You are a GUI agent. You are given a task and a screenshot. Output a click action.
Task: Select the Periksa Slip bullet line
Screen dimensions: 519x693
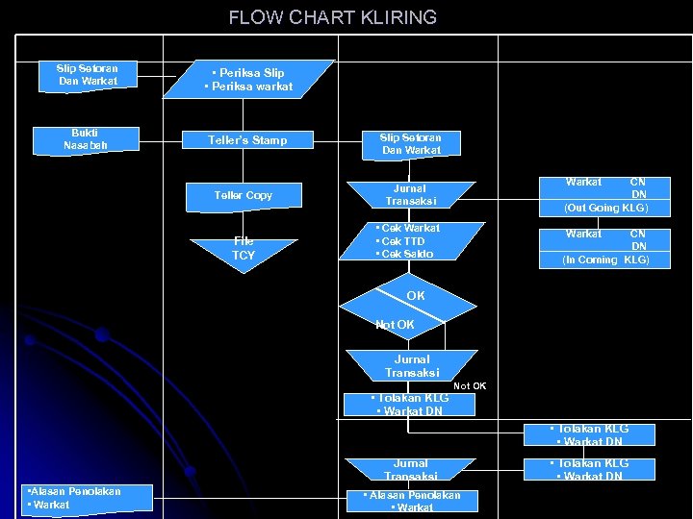click(x=248, y=73)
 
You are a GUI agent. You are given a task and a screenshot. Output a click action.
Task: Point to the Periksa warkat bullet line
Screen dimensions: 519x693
click(x=248, y=87)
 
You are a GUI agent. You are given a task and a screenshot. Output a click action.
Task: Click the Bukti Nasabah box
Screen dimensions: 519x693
click(x=86, y=139)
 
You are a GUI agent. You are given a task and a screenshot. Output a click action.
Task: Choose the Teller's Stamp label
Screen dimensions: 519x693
click(x=247, y=140)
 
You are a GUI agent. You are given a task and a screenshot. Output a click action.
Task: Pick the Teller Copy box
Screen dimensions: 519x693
click(x=243, y=195)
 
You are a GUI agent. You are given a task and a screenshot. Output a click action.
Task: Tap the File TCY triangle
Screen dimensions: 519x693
click(x=244, y=249)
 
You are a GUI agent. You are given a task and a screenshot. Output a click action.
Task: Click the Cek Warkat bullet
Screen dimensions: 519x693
click(x=407, y=229)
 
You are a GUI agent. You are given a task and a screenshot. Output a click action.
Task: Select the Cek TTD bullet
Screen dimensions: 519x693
click(x=401, y=241)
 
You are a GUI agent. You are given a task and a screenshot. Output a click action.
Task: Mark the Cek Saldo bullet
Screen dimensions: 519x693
click(x=405, y=254)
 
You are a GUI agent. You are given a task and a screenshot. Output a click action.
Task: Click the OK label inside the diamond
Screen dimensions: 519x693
click(x=415, y=296)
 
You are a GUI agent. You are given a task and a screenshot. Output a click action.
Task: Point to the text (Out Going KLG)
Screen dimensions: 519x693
click(x=606, y=208)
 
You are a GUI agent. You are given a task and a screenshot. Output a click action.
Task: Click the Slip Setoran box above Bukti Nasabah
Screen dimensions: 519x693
click(x=87, y=75)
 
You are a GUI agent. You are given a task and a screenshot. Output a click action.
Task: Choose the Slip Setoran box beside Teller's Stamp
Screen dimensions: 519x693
click(x=411, y=144)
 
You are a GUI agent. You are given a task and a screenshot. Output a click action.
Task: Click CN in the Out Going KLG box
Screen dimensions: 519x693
click(x=637, y=182)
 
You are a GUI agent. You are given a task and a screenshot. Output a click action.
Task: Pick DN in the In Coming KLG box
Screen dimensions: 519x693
click(x=638, y=246)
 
